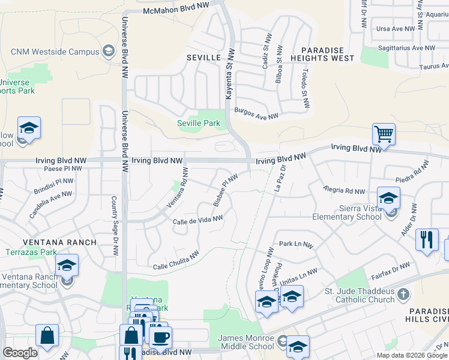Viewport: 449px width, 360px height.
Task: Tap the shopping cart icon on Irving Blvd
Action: pyautogui.click(x=383, y=134)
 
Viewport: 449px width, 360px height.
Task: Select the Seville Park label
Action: pyautogui.click(x=199, y=124)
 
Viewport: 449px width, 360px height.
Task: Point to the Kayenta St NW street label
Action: pyautogui.click(x=229, y=82)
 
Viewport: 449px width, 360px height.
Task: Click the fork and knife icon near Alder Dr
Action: pyautogui.click(x=427, y=240)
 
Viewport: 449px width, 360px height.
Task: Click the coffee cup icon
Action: pyautogui.click(x=160, y=337)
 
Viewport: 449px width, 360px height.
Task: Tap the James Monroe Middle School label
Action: pyautogui.click(x=246, y=342)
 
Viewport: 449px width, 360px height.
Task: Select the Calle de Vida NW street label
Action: pyautogui.click(x=197, y=221)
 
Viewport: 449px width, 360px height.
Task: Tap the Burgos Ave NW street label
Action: pyautogui.click(x=256, y=113)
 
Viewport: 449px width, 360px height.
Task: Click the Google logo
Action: pyautogui.click(x=20, y=353)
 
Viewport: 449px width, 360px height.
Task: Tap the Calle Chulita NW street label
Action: pyautogui.click(x=176, y=261)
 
